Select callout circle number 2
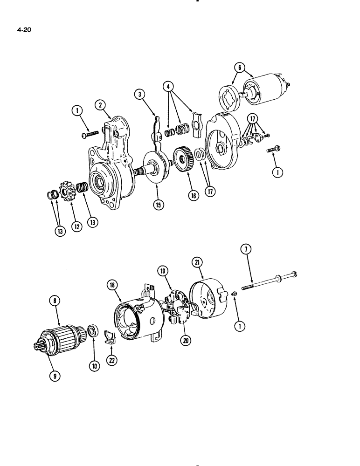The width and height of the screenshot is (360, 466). [100, 105]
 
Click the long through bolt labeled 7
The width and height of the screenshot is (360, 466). [270, 281]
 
